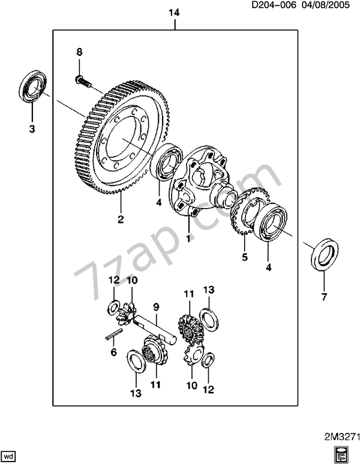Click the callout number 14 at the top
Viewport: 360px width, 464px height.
174,13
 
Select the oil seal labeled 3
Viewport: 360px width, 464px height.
32,86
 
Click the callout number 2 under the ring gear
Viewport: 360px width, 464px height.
121,219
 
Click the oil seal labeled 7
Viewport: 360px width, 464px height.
325,255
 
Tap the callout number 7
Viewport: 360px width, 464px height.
324,297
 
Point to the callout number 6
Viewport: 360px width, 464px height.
113,352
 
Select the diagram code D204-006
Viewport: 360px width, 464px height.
273,5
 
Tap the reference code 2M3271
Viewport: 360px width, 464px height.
341,437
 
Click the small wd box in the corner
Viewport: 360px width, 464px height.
10,454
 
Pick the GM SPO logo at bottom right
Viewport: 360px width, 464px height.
342,454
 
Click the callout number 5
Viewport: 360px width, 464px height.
245,257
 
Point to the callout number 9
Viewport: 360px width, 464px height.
156,307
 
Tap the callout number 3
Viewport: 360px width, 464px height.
32,129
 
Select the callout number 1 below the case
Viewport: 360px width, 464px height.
188,239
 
